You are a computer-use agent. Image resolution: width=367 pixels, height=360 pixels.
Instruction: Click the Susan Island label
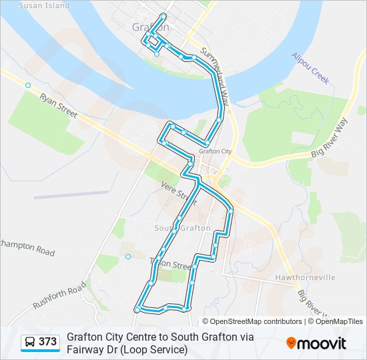(x=44, y=5)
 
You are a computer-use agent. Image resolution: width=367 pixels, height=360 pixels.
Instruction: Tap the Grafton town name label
(x=147, y=28)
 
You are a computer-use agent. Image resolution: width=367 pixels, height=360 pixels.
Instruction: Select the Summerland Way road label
(x=215, y=78)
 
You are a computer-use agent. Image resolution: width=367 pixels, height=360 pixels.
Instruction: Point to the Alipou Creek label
(x=310, y=68)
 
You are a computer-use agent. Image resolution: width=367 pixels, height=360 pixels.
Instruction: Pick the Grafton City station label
(x=215, y=151)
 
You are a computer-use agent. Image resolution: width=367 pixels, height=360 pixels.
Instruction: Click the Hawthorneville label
(x=305, y=277)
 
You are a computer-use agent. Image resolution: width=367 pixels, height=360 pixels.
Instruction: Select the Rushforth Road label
(x=59, y=295)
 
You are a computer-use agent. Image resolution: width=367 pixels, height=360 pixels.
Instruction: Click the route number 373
(x=47, y=342)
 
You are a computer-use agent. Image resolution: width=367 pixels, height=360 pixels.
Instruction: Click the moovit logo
(x=316, y=343)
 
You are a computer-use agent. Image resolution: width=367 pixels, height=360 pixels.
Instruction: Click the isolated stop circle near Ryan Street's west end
(x=28, y=85)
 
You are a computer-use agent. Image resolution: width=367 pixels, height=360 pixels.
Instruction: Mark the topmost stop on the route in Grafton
(x=163, y=16)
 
